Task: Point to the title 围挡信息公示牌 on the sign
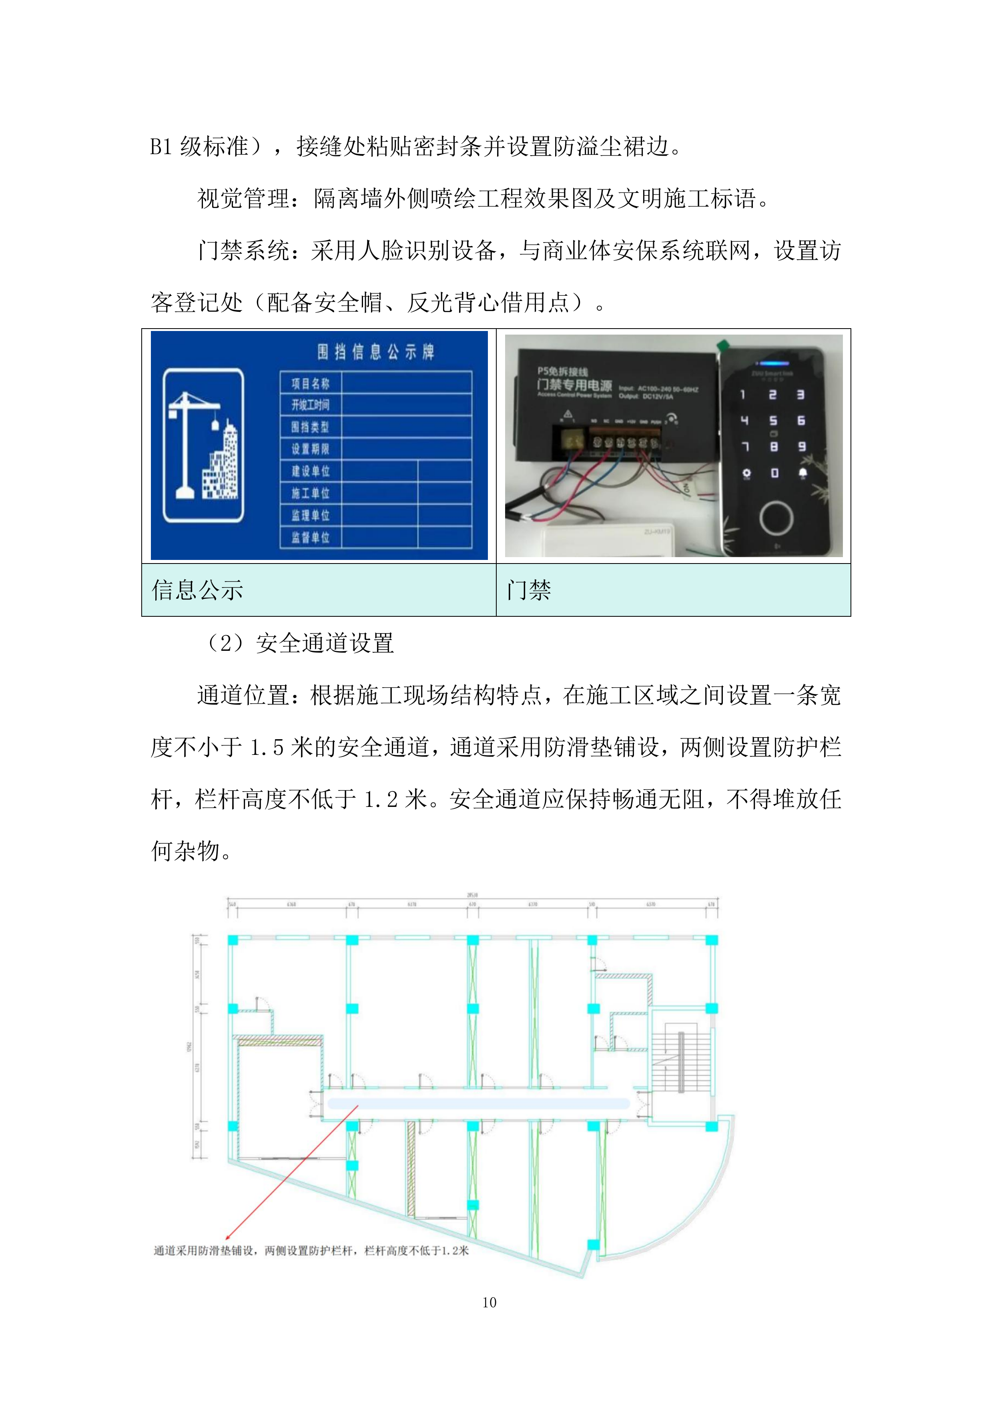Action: (x=375, y=352)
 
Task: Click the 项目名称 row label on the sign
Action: (x=310, y=383)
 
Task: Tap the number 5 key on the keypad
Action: (x=774, y=421)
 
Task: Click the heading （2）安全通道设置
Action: (x=300, y=643)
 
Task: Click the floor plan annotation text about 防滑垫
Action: (x=311, y=1251)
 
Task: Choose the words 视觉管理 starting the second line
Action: (x=243, y=199)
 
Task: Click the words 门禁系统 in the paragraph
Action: (x=243, y=251)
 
